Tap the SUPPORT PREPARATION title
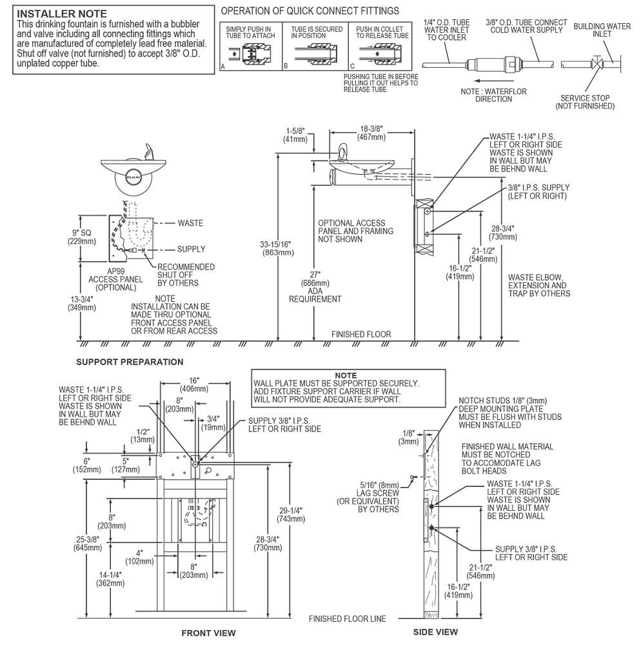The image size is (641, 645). [x=130, y=362]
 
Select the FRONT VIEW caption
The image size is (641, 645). [x=208, y=633]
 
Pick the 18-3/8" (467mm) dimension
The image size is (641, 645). [x=372, y=133]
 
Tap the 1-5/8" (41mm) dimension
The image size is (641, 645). [x=298, y=134]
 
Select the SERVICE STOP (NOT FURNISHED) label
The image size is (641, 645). [x=585, y=102]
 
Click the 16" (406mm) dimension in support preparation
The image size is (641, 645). [x=193, y=384]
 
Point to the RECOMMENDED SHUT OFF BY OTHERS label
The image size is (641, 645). [x=186, y=275]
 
